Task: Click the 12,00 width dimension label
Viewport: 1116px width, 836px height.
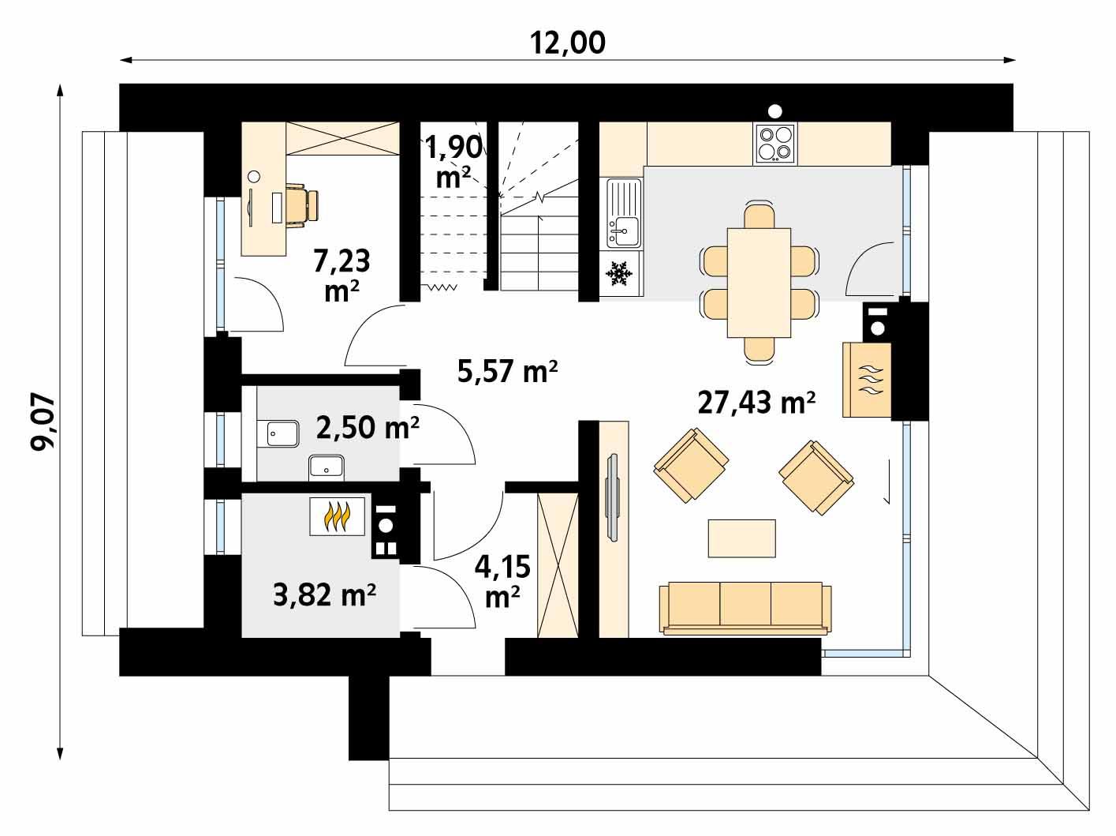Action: [568, 43]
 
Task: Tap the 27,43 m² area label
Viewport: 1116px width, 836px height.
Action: [756, 403]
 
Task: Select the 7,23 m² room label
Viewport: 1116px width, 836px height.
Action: [342, 274]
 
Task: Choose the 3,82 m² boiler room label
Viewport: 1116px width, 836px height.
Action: [323, 594]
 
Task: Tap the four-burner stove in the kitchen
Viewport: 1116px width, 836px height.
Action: [774, 143]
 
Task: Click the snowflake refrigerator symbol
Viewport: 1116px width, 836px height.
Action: [619, 275]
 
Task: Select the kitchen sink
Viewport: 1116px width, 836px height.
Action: [623, 213]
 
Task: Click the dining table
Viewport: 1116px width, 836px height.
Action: [758, 281]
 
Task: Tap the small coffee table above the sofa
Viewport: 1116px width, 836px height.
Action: [741, 538]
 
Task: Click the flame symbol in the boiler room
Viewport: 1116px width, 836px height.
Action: [337, 517]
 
